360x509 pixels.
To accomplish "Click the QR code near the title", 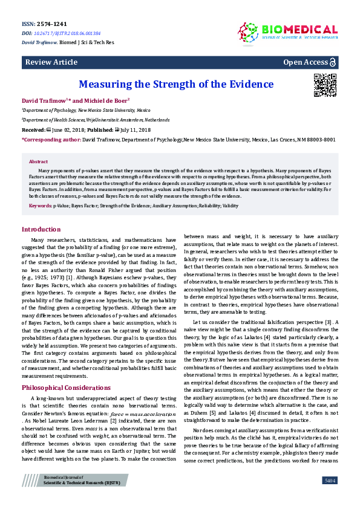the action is pos(325,85).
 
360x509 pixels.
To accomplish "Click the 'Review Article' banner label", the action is pos(51,63).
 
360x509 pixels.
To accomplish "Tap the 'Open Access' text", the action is pos(306,63).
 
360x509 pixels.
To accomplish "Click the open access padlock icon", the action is pos(333,63).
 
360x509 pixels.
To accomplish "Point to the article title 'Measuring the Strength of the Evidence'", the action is pos(177,85).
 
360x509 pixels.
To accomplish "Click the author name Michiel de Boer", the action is pos(102,100).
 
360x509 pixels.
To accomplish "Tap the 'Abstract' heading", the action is pos(38,162).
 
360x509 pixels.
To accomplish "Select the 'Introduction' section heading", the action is pos(41,230).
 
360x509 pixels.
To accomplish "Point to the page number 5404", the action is pos(329,480).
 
